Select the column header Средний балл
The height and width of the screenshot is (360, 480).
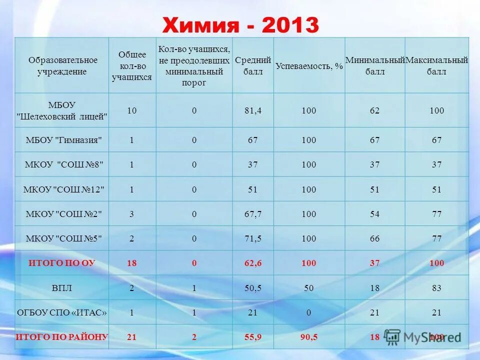(253, 66)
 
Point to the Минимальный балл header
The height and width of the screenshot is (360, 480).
(375, 66)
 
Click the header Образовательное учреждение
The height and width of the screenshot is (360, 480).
(62, 66)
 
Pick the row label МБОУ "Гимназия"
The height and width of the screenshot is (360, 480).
(63, 140)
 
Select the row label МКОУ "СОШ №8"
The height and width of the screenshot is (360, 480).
(63, 164)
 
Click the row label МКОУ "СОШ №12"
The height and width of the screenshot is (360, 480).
(63, 189)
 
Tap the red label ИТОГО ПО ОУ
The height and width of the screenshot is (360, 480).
(62, 263)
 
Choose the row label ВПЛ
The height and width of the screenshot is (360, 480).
(63, 288)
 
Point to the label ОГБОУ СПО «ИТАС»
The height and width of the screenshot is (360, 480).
(62, 312)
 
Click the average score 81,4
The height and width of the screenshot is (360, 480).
(252, 110)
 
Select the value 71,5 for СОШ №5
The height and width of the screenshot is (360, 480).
(252, 238)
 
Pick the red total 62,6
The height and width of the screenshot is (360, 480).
(252, 263)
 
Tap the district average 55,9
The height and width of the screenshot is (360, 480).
(252, 337)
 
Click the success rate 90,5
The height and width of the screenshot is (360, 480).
(309, 337)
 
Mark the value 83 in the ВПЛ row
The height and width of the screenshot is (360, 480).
(436, 288)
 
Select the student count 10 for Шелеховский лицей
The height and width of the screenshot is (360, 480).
(131, 110)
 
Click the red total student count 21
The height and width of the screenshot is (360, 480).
(131, 337)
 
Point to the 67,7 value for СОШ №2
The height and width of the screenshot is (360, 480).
(252, 214)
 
